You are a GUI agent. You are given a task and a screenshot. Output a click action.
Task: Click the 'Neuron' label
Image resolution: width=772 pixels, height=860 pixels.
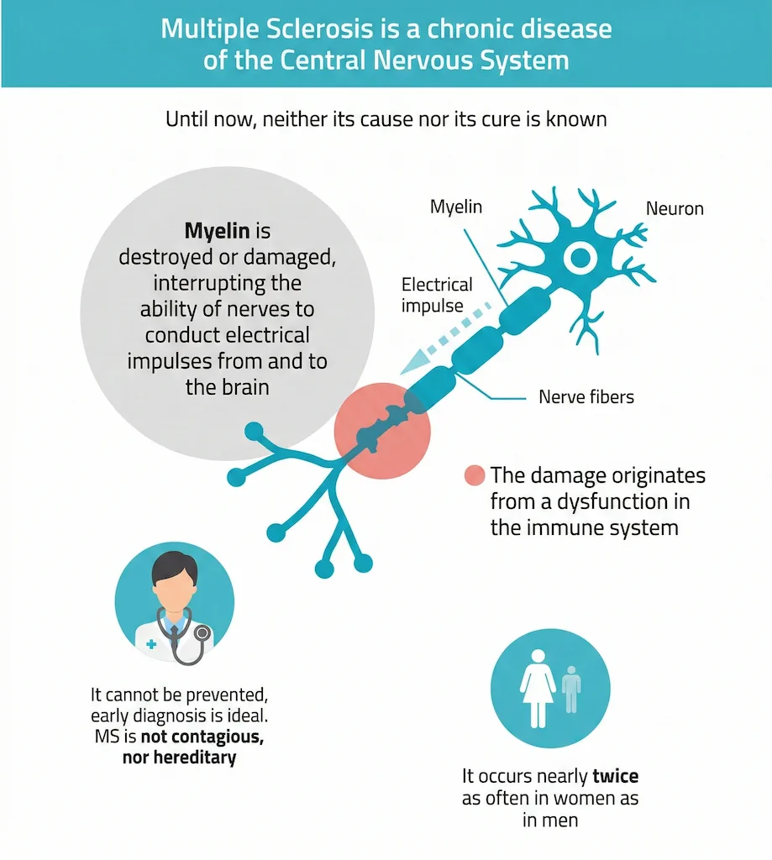[675, 208]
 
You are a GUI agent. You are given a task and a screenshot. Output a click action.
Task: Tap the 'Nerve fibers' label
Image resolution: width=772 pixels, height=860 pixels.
[586, 396]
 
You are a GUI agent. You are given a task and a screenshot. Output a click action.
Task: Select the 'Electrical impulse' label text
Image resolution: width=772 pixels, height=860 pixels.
[437, 295]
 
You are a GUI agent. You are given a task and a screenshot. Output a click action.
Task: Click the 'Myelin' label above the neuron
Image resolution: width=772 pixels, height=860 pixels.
[456, 207]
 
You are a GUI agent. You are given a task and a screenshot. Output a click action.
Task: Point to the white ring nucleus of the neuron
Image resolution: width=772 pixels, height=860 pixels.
[579, 259]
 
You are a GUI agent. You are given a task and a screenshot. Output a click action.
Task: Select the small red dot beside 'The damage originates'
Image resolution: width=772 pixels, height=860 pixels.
[475, 475]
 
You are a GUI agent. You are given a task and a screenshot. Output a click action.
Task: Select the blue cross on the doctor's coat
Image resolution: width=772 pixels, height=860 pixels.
[151, 645]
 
